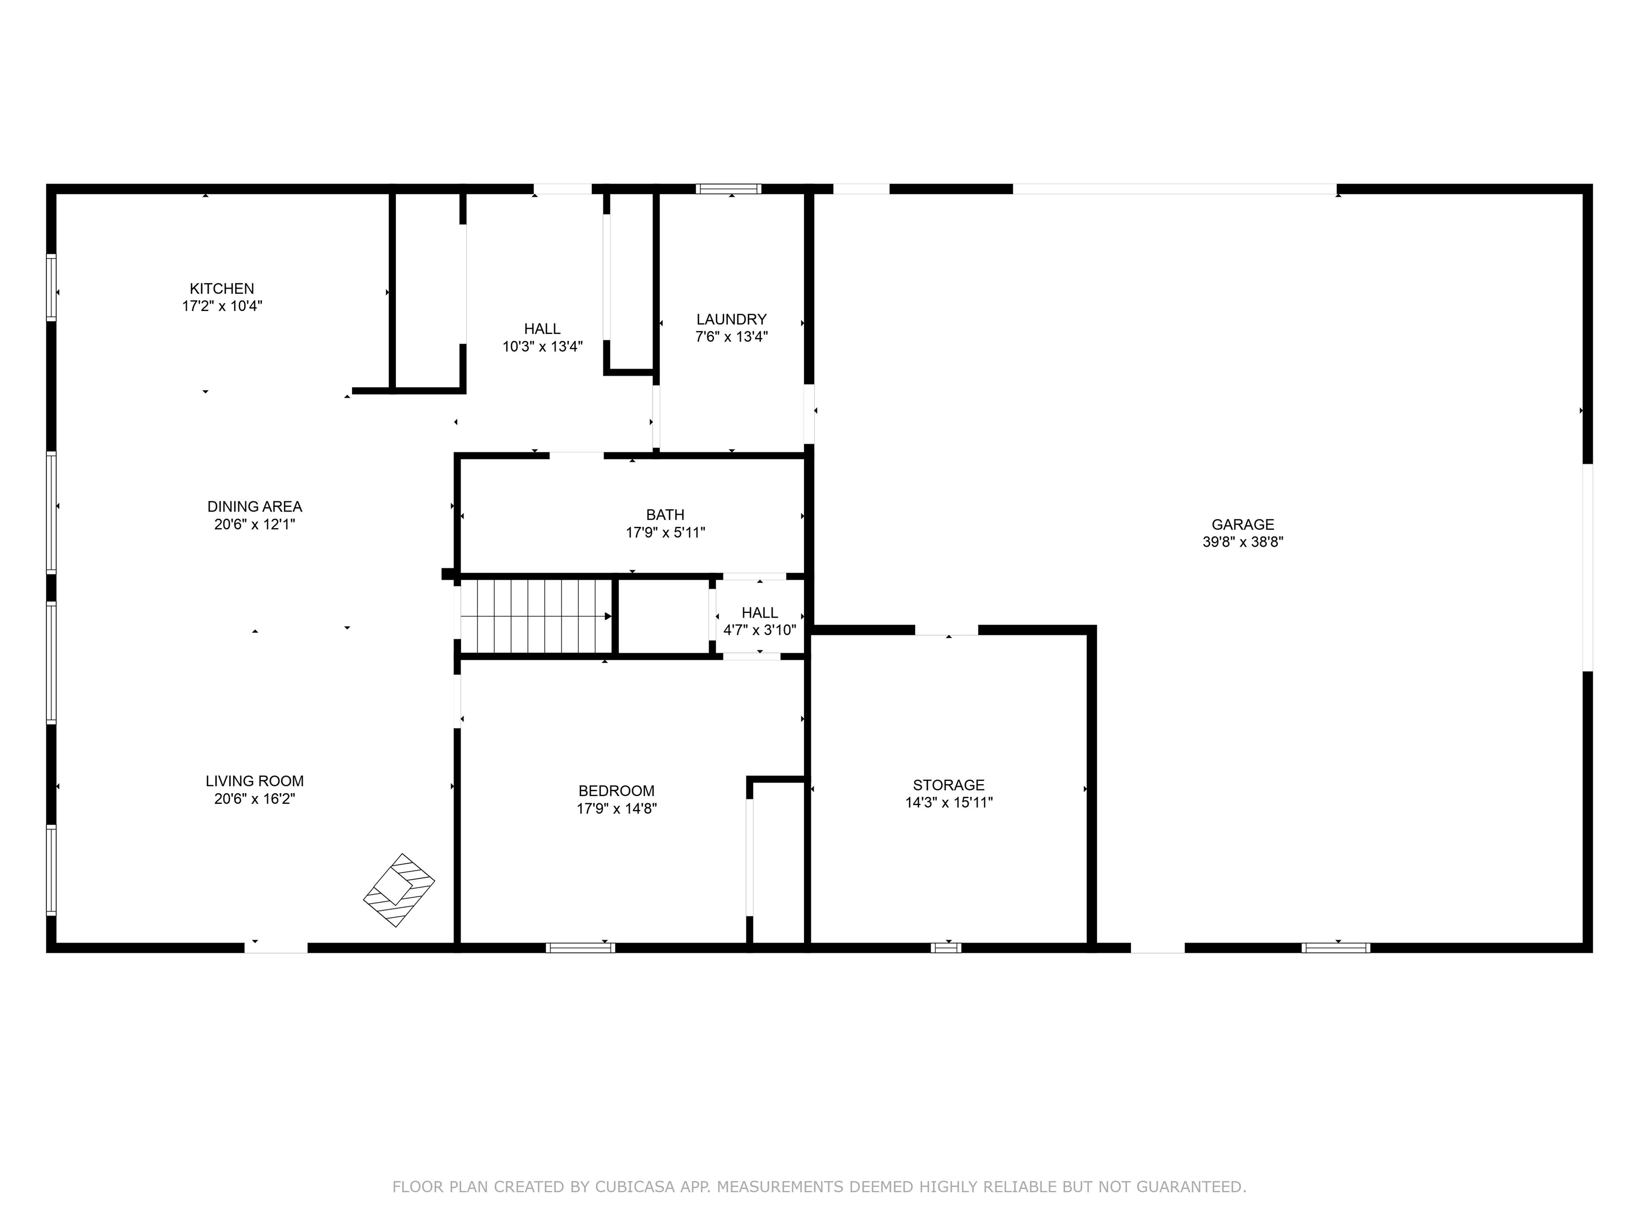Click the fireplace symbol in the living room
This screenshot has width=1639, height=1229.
[399, 890]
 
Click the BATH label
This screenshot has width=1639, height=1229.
[665, 515]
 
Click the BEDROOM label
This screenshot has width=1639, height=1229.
[616, 791]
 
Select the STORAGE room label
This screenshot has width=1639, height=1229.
[949, 785]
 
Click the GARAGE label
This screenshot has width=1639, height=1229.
[1243, 524]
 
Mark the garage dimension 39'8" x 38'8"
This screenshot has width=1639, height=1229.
[1243, 541]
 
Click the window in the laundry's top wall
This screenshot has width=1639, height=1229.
[728, 189]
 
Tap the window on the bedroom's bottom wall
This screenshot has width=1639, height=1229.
[580, 947]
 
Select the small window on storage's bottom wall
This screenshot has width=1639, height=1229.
[945, 947]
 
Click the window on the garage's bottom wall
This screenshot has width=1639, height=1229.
[1335, 947]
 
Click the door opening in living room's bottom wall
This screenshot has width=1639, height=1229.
[276, 947]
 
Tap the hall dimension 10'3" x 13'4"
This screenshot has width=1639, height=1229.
[543, 347]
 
